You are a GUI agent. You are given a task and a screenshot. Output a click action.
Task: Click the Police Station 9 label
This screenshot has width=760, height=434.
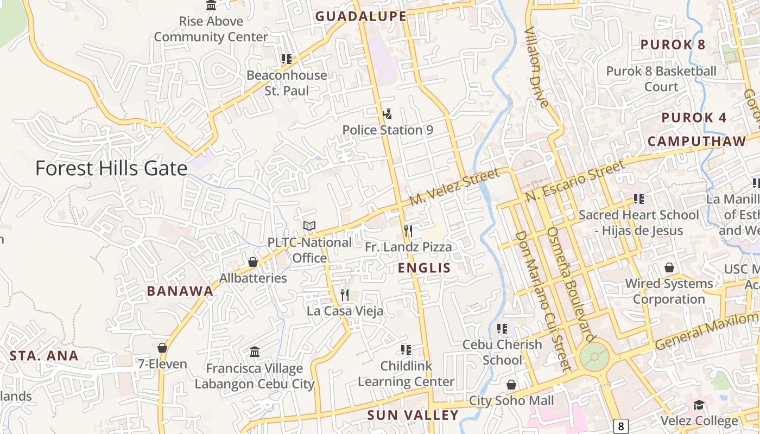tap(387, 130)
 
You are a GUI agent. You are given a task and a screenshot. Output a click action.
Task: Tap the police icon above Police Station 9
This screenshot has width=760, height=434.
tap(387, 114)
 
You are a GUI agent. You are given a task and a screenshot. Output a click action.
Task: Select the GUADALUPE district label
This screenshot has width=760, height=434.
tap(360, 16)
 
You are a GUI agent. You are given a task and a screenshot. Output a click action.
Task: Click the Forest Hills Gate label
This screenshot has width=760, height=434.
tap(111, 168)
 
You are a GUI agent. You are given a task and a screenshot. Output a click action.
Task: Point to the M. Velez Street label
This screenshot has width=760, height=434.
tap(454, 187)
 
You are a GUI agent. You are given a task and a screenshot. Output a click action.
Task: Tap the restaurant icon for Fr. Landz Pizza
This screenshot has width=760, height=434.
tap(408, 231)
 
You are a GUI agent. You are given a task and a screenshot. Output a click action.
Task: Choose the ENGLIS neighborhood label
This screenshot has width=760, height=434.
tap(424, 267)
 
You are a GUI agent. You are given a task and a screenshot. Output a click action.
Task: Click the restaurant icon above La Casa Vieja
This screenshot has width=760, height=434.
tap(345, 295)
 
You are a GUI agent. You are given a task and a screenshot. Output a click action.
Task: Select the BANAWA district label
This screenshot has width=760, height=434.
tap(180, 291)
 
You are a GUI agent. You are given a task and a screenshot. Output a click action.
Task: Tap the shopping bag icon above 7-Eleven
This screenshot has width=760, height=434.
tap(162, 348)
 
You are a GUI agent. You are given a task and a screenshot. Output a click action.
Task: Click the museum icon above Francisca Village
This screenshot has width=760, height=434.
tap(255, 352)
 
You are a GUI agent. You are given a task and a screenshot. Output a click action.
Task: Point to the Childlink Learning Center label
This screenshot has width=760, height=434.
tap(406, 374)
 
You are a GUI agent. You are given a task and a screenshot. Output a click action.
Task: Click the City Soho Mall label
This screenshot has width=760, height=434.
tap(511, 401)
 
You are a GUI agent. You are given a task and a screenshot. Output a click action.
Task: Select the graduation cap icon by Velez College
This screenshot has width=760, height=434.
tap(699, 405)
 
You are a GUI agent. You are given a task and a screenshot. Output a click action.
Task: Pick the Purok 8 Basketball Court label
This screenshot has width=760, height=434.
tap(661, 79)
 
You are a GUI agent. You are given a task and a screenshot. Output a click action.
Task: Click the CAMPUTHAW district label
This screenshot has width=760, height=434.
tap(697, 142)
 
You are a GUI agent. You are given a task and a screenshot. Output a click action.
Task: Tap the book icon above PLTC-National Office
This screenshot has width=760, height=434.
tap(309, 226)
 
